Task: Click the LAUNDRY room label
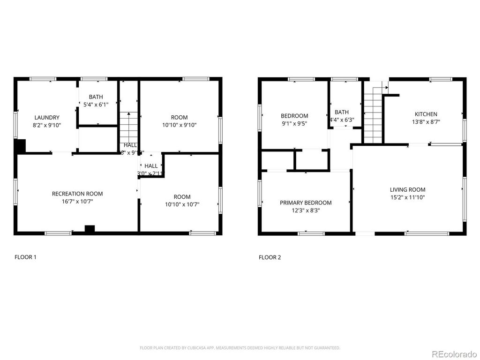point(47,118)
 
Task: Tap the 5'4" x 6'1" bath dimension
point(96,105)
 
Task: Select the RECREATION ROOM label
point(77,194)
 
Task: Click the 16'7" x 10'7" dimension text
point(77,202)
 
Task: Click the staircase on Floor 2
point(373,112)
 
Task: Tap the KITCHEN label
point(426,114)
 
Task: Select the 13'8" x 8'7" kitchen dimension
point(426,122)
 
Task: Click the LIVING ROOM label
point(407,190)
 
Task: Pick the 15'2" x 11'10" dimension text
point(407,197)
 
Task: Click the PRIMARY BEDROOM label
point(306,203)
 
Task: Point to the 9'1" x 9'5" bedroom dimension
point(294,124)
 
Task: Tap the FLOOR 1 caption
point(25,257)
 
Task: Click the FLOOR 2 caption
point(270,257)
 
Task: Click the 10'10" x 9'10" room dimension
point(180,125)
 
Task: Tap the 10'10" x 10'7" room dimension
point(182,204)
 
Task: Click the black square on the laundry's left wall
point(19,146)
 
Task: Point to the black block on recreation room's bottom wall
point(90,229)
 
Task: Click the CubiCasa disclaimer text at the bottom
point(240,348)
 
